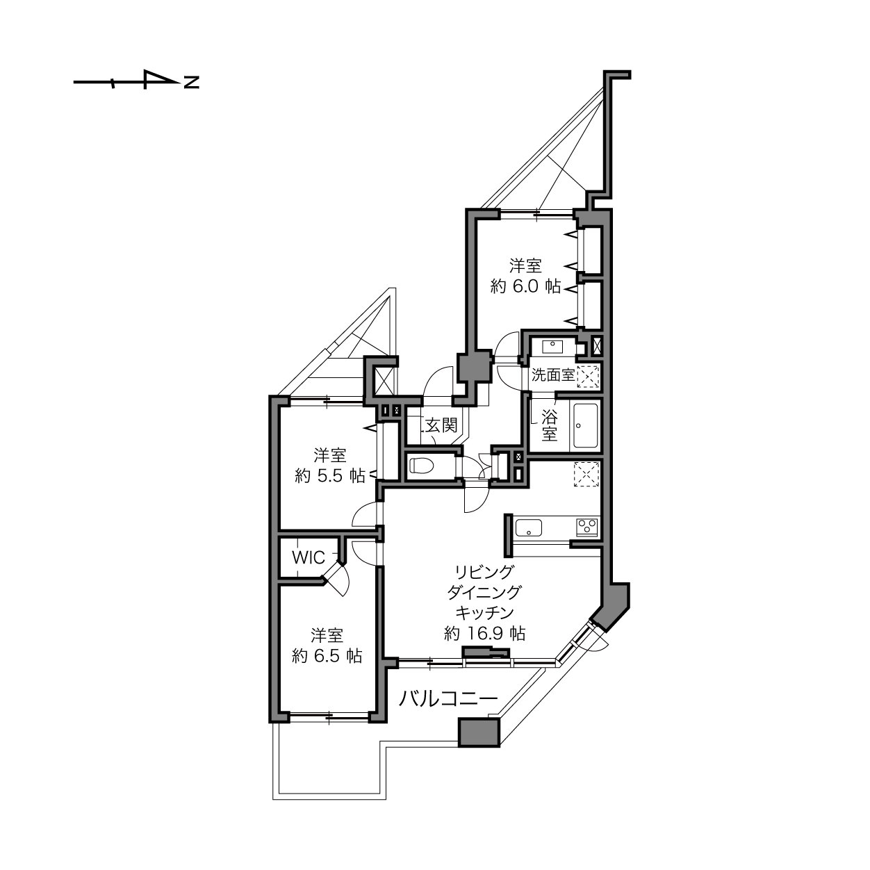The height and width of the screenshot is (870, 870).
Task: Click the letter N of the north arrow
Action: [192, 83]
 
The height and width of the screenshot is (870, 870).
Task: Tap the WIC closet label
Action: [308, 557]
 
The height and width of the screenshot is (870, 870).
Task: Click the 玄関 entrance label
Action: [441, 425]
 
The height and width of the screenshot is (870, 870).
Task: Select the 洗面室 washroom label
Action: [553, 375]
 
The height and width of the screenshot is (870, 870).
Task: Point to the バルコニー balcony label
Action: [448, 698]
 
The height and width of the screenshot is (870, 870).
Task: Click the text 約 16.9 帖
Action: [484, 633]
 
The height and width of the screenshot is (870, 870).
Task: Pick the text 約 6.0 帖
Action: [525, 286]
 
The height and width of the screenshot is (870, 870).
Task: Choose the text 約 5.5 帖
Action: [330, 476]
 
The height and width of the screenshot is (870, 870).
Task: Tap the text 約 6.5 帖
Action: [327, 655]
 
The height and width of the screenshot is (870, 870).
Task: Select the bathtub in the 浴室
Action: [585, 426]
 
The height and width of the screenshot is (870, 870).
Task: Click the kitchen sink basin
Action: [529, 528]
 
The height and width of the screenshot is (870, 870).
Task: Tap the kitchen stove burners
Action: [586, 527]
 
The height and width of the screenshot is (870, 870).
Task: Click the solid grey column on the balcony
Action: [479, 732]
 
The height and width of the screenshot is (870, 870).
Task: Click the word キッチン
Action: [484, 612]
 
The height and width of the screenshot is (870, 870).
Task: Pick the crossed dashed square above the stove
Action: [586, 475]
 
